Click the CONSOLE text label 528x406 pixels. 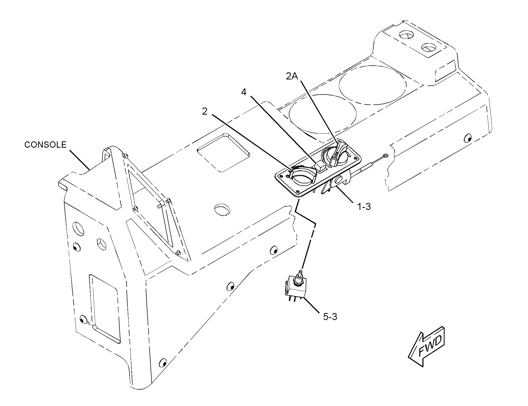click(45, 145)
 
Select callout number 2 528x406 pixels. click(205, 111)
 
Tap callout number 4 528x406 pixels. click(244, 92)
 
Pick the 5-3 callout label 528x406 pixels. click(330, 317)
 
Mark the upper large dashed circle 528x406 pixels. click(373, 82)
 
